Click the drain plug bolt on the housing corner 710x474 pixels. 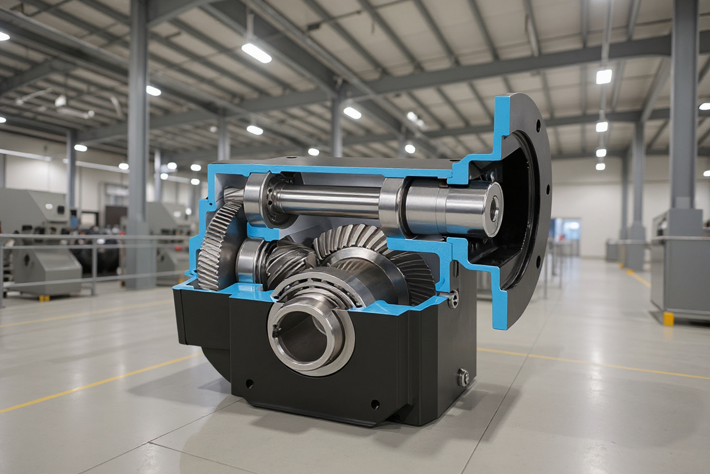pyautogui.click(x=463, y=377)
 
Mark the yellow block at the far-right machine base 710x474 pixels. pyautogui.click(x=668, y=318)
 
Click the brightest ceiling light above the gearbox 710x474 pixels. pyautogui.click(x=256, y=53)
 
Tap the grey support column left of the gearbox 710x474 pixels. pyautogui.click(x=138, y=142)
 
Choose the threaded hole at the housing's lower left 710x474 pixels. pyautogui.click(x=249, y=383)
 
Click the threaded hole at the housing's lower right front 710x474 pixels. pyautogui.click(x=374, y=404)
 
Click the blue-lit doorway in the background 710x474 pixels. pyautogui.click(x=566, y=231)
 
